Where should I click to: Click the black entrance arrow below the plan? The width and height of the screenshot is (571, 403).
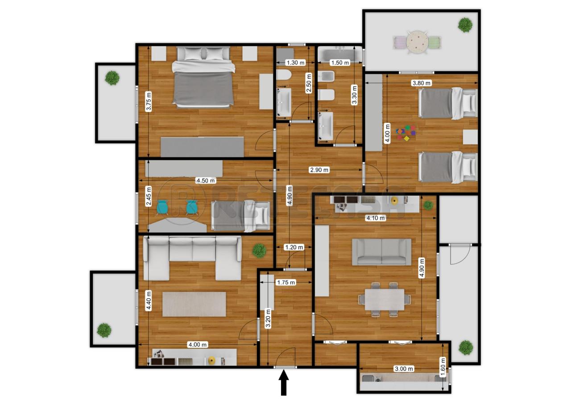[x=283, y=383]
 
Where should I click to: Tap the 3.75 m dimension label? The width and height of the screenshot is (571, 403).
[x=149, y=102]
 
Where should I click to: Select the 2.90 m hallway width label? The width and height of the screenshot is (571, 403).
[x=319, y=170]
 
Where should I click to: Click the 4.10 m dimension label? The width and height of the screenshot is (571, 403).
[x=376, y=218]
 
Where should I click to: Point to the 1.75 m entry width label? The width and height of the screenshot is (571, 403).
[x=286, y=282]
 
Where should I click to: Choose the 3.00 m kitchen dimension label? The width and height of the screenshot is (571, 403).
[x=404, y=369]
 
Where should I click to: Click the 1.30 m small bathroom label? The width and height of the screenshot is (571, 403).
[x=295, y=63]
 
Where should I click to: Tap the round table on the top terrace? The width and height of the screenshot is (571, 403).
[x=417, y=42]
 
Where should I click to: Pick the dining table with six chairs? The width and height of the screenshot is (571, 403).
[x=385, y=299]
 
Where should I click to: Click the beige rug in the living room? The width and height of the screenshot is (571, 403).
[x=194, y=304]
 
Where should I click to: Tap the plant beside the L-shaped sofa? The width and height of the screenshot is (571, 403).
[x=259, y=251]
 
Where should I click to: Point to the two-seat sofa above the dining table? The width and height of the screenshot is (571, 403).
[x=381, y=252]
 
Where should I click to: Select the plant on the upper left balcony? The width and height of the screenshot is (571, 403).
[x=112, y=78]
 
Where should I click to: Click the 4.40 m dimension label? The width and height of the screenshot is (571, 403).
[x=149, y=301]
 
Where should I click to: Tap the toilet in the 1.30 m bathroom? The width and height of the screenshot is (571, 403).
[x=284, y=75]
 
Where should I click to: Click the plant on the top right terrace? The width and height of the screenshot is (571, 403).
[x=465, y=25]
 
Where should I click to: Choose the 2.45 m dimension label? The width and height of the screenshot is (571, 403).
[x=149, y=196]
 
